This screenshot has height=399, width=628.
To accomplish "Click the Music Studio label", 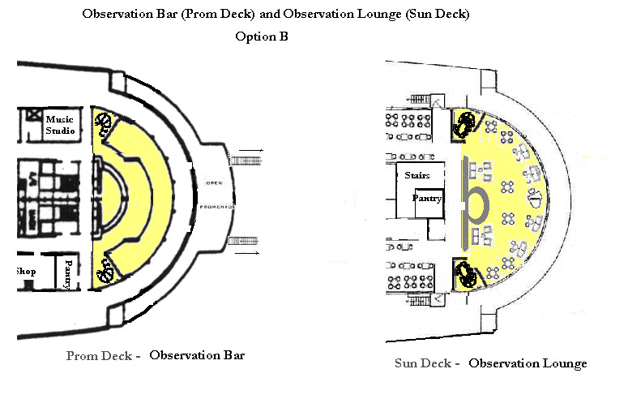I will (x=60, y=125).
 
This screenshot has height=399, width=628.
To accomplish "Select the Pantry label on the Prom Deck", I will (x=68, y=273).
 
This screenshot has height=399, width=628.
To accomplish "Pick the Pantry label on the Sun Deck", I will (x=426, y=198).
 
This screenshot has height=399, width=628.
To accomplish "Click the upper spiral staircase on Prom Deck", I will (x=104, y=124).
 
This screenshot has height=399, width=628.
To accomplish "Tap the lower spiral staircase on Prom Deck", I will (x=104, y=273).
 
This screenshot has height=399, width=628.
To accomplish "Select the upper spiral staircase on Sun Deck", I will (x=467, y=124).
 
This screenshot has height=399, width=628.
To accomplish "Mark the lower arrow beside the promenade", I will (x=253, y=253).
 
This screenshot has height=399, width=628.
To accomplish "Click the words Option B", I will (x=262, y=36).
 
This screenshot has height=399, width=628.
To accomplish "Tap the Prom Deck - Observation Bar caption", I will (x=155, y=355).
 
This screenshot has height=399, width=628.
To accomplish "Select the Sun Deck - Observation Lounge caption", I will (x=490, y=363).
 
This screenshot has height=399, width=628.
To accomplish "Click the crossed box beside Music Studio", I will (x=33, y=114).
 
